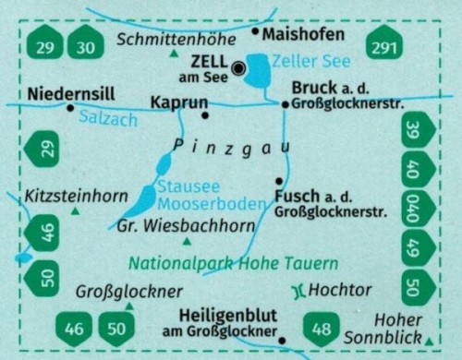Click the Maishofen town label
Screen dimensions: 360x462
tap(304, 35)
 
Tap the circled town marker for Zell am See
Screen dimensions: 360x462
tap(239, 67)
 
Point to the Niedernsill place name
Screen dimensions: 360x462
tap(71, 93)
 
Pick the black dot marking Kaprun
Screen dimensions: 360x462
tap(205, 115)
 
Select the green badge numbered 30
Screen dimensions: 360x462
tap(86, 45)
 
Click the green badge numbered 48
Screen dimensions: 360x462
tap(322, 327)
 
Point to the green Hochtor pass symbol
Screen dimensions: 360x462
tap(298, 290)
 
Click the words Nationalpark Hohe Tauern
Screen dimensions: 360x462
tap(233, 262)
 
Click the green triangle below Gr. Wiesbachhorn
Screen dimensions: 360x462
tap(188, 242)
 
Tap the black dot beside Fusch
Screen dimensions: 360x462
tap(278, 180)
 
